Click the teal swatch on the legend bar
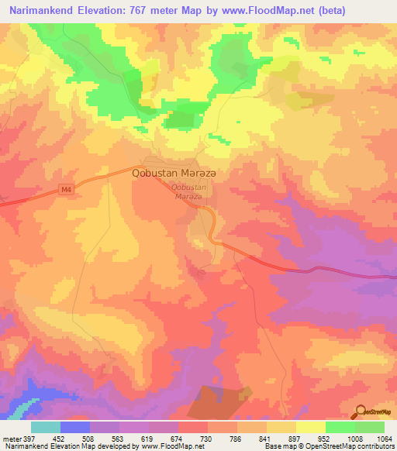point(46,427)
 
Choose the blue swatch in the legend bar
point(75,427)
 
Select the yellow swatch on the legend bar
point(311,427)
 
